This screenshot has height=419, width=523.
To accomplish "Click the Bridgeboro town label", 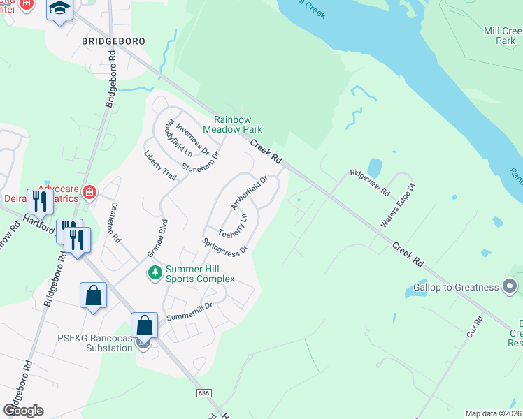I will coord(113,41).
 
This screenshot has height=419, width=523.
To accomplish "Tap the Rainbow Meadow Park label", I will coord(232,124).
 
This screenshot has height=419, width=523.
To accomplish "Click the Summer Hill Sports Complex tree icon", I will coord(154,272).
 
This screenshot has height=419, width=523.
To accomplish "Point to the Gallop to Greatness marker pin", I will coord(510,286).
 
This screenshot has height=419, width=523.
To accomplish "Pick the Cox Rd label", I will coord(475,328).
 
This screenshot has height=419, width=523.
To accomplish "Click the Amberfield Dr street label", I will coord(250,192).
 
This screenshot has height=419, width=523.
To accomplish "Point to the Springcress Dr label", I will coord(224,246).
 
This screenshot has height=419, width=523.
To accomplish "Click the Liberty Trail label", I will coord(160,165).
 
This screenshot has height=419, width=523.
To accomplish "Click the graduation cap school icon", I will coord(60,9).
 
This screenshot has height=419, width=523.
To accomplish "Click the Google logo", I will coord(24,410).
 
